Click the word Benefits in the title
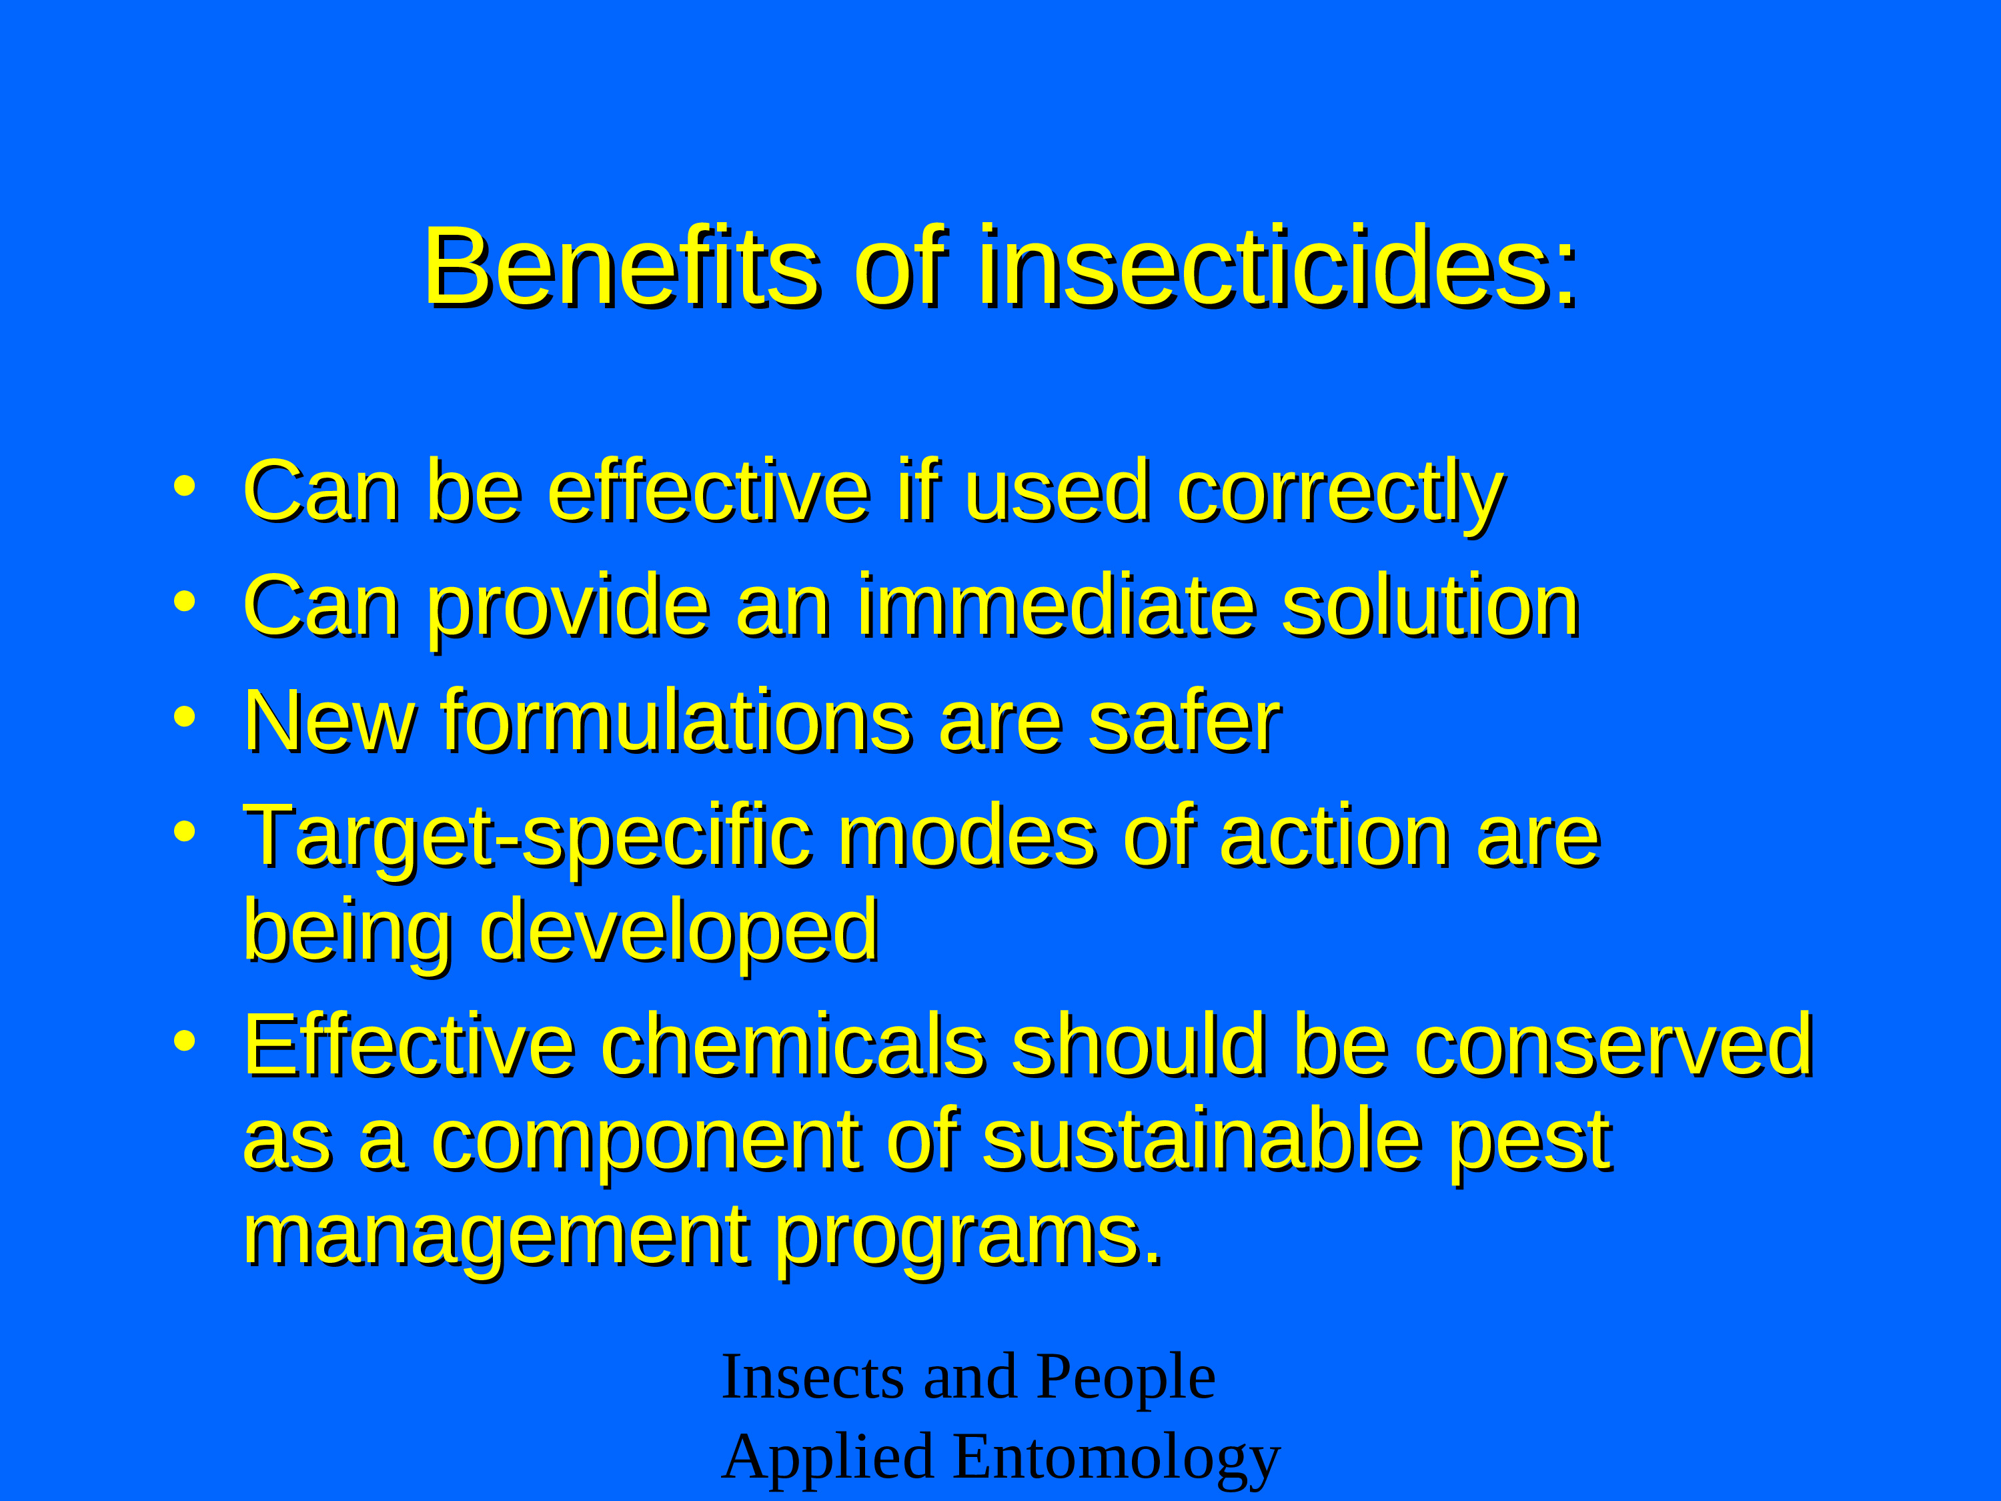(x=622, y=268)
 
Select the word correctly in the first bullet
(x=1341, y=496)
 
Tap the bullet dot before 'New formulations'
(x=185, y=716)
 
